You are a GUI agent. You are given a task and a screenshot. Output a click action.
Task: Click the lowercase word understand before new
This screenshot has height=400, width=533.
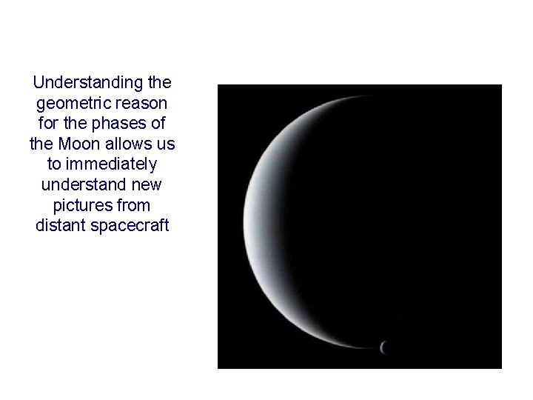tap(85, 184)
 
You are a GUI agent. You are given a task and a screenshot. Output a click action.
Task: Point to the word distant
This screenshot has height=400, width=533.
tap(61, 225)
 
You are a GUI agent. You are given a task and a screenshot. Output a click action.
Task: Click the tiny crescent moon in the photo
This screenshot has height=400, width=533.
tap(383, 347)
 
